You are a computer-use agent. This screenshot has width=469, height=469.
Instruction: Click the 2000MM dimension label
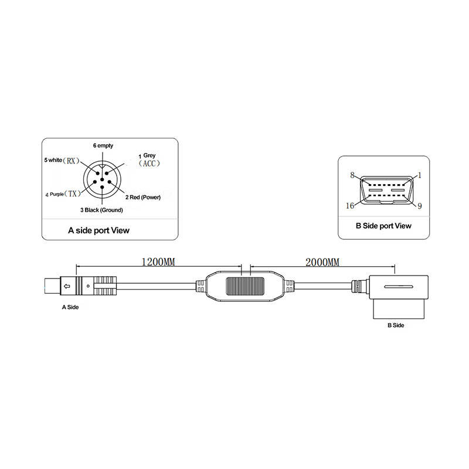click(x=322, y=262)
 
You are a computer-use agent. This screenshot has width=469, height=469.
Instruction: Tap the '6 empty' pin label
click(x=103, y=145)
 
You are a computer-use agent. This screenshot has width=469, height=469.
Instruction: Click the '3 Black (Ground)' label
click(x=103, y=209)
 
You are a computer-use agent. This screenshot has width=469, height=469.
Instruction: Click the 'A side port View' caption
click(x=98, y=230)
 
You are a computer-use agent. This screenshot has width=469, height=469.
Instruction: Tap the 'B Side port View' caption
click(x=384, y=226)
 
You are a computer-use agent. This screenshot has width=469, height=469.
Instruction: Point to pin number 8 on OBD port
click(x=352, y=175)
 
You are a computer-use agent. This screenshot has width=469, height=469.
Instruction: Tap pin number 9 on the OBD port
click(x=420, y=205)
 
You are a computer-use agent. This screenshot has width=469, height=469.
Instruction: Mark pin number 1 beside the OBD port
click(x=420, y=175)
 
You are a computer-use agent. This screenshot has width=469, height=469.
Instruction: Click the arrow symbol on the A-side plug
click(x=67, y=287)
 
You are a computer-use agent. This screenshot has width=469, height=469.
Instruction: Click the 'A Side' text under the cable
click(x=70, y=307)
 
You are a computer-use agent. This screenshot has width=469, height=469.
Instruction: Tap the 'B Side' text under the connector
click(x=396, y=324)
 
